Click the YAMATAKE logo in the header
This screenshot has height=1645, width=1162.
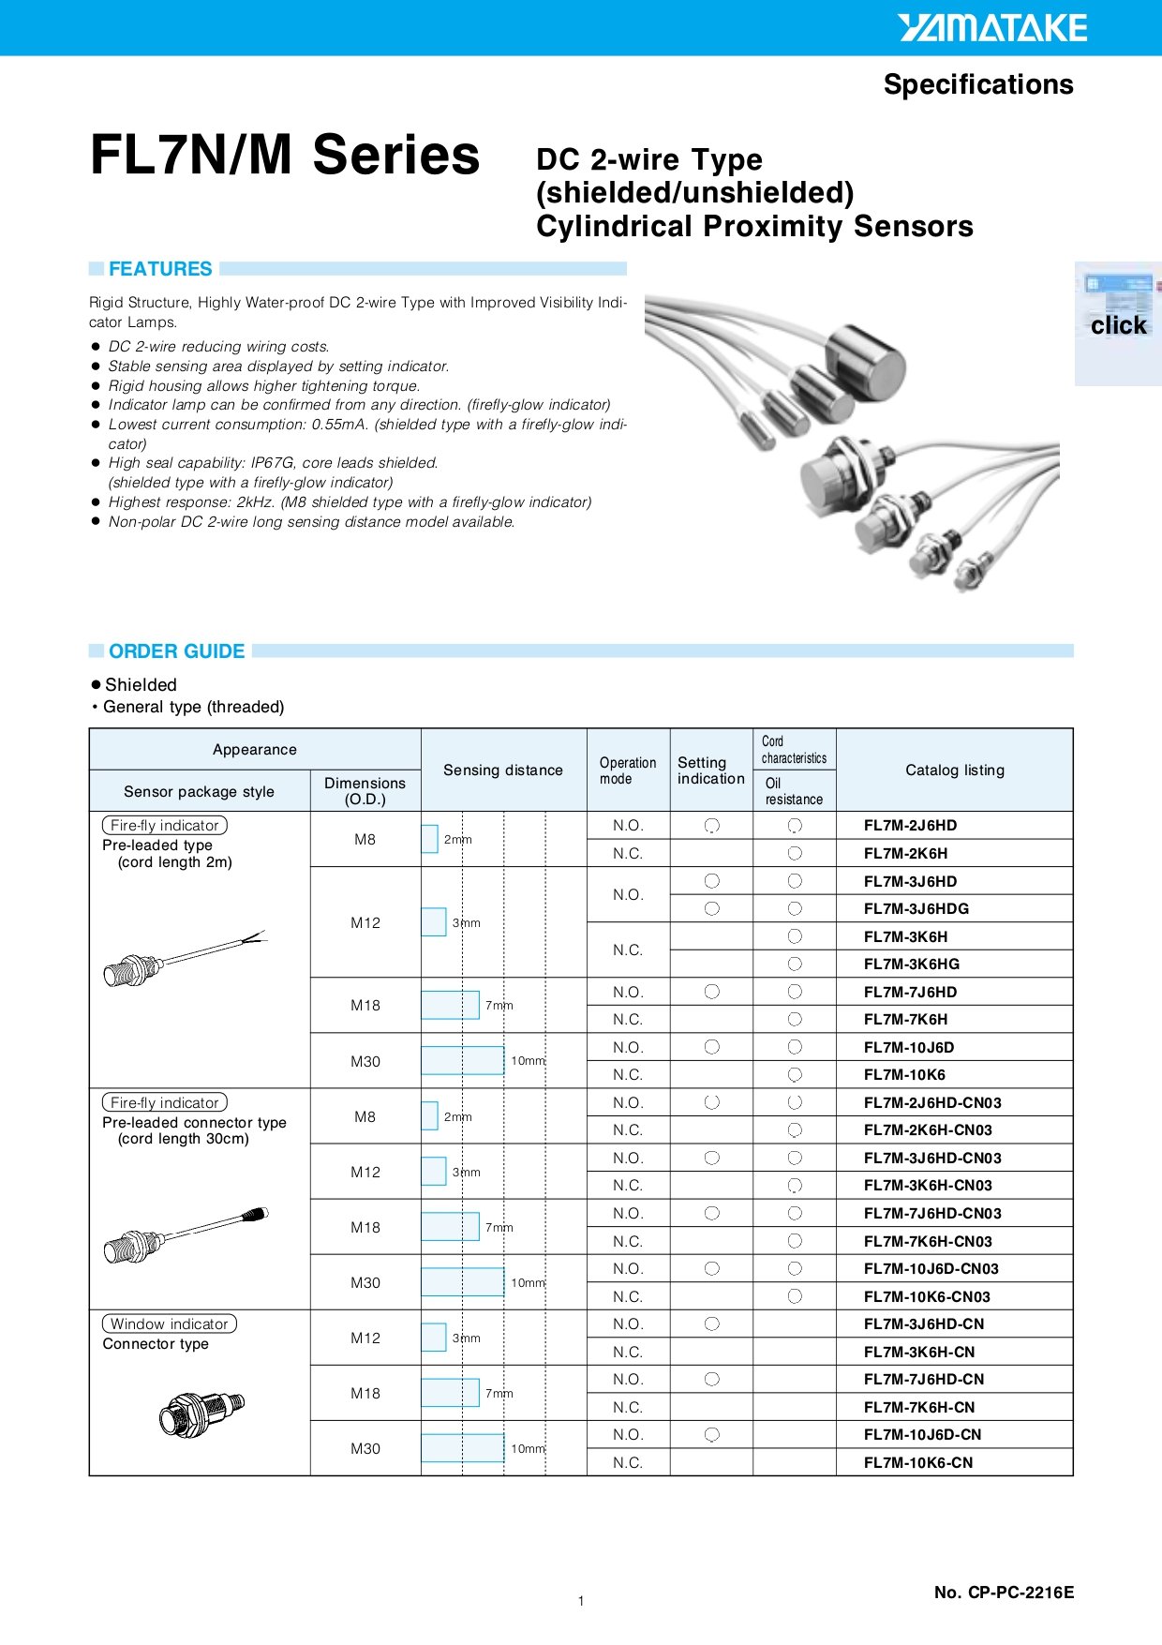(992, 28)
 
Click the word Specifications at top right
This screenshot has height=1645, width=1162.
(977, 84)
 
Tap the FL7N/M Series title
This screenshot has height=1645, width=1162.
(285, 155)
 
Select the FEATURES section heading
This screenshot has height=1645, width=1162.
(160, 269)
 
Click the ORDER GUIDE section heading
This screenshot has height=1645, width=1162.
(176, 651)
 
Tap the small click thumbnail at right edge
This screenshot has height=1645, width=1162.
(1117, 323)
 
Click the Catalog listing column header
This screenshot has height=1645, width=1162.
(954, 770)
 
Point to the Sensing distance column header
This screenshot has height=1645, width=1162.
(503, 770)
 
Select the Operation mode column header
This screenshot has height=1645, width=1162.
(627, 770)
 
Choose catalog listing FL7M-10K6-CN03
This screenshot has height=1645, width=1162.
(926, 1296)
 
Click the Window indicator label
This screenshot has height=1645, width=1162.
(170, 1323)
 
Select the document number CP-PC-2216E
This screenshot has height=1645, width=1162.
(1004, 1592)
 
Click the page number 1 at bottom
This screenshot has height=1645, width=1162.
(581, 1601)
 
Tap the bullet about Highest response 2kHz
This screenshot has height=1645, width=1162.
(350, 502)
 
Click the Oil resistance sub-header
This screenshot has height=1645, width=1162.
(794, 791)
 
